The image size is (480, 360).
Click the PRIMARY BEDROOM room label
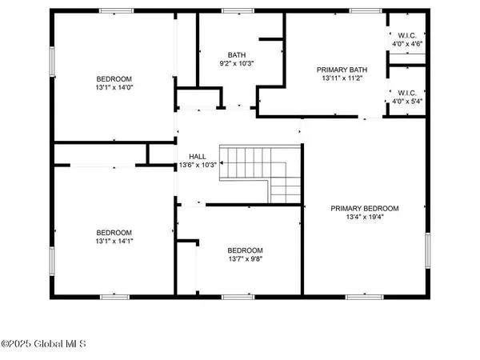pyautogui.click(x=365, y=208)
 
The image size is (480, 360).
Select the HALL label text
pyautogui.click(x=198, y=156)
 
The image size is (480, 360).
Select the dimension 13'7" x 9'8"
pyautogui.click(x=245, y=259)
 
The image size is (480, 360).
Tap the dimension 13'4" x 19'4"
pyautogui.click(x=365, y=217)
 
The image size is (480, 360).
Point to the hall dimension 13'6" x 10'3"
pyautogui.click(x=198, y=166)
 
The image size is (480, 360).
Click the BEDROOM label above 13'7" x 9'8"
pyautogui.click(x=245, y=250)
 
